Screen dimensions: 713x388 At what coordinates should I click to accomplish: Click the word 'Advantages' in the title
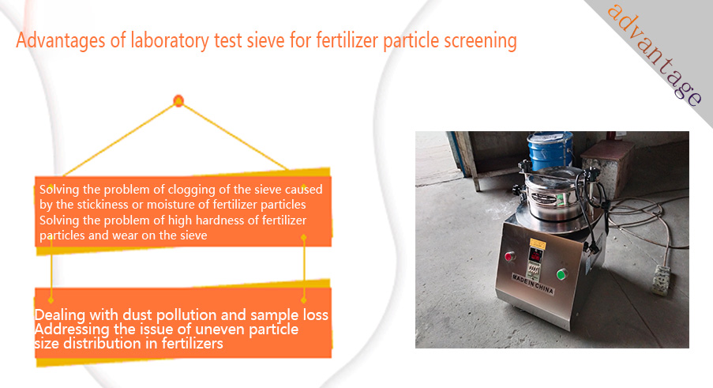click(61, 41)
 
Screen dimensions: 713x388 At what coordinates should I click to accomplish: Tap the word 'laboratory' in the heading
click(170, 41)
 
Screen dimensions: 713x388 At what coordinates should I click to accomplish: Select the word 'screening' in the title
click(480, 41)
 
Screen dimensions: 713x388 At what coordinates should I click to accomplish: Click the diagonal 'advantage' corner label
click(654, 55)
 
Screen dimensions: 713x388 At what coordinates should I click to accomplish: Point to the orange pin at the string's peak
click(178, 100)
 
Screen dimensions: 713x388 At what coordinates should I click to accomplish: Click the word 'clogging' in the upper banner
click(188, 190)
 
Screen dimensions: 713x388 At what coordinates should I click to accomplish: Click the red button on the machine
click(509, 257)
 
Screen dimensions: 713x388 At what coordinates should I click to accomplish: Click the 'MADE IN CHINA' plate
click(532, 284)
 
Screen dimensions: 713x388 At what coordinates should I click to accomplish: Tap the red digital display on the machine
click(535, 254)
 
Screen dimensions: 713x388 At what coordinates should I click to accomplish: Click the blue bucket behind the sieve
click(550, 151)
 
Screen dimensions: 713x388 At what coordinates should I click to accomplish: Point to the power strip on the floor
click(662, 280)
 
